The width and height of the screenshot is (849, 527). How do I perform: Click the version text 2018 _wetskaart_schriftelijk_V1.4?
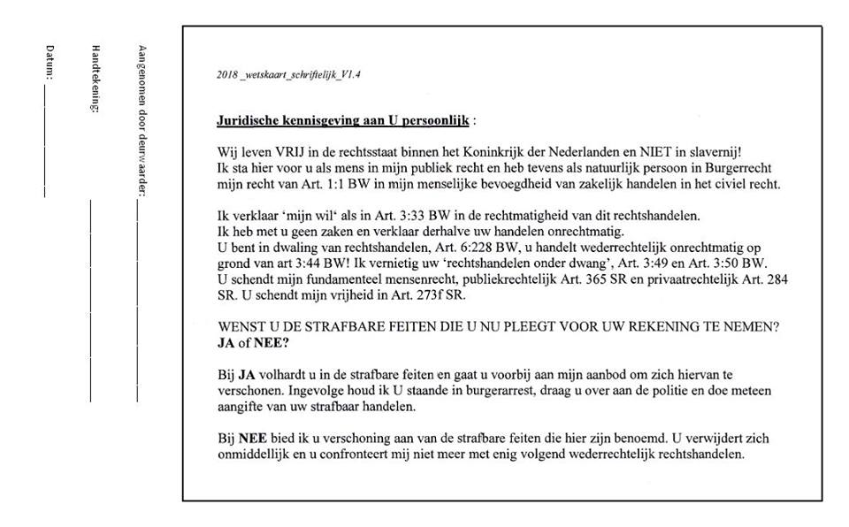[x=287, y=74]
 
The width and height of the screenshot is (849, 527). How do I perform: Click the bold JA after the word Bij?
[x=247, y=375]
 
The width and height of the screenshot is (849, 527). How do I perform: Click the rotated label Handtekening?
[x=96, y=78]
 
